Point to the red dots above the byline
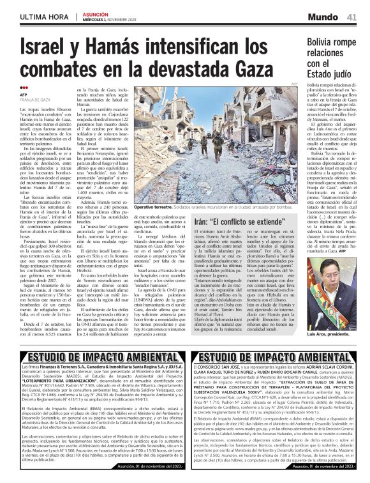click(x=24, y=89)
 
